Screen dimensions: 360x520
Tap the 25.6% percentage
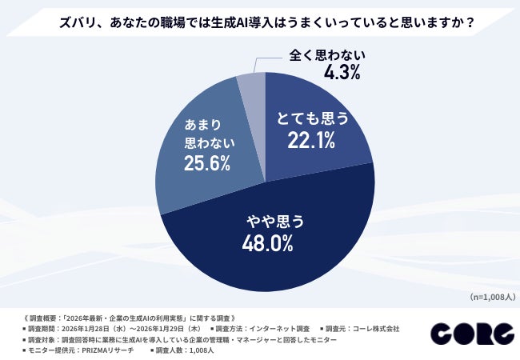[206, 164]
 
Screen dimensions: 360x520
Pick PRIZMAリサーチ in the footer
[106, 350]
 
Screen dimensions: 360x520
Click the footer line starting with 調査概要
[120, 318]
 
